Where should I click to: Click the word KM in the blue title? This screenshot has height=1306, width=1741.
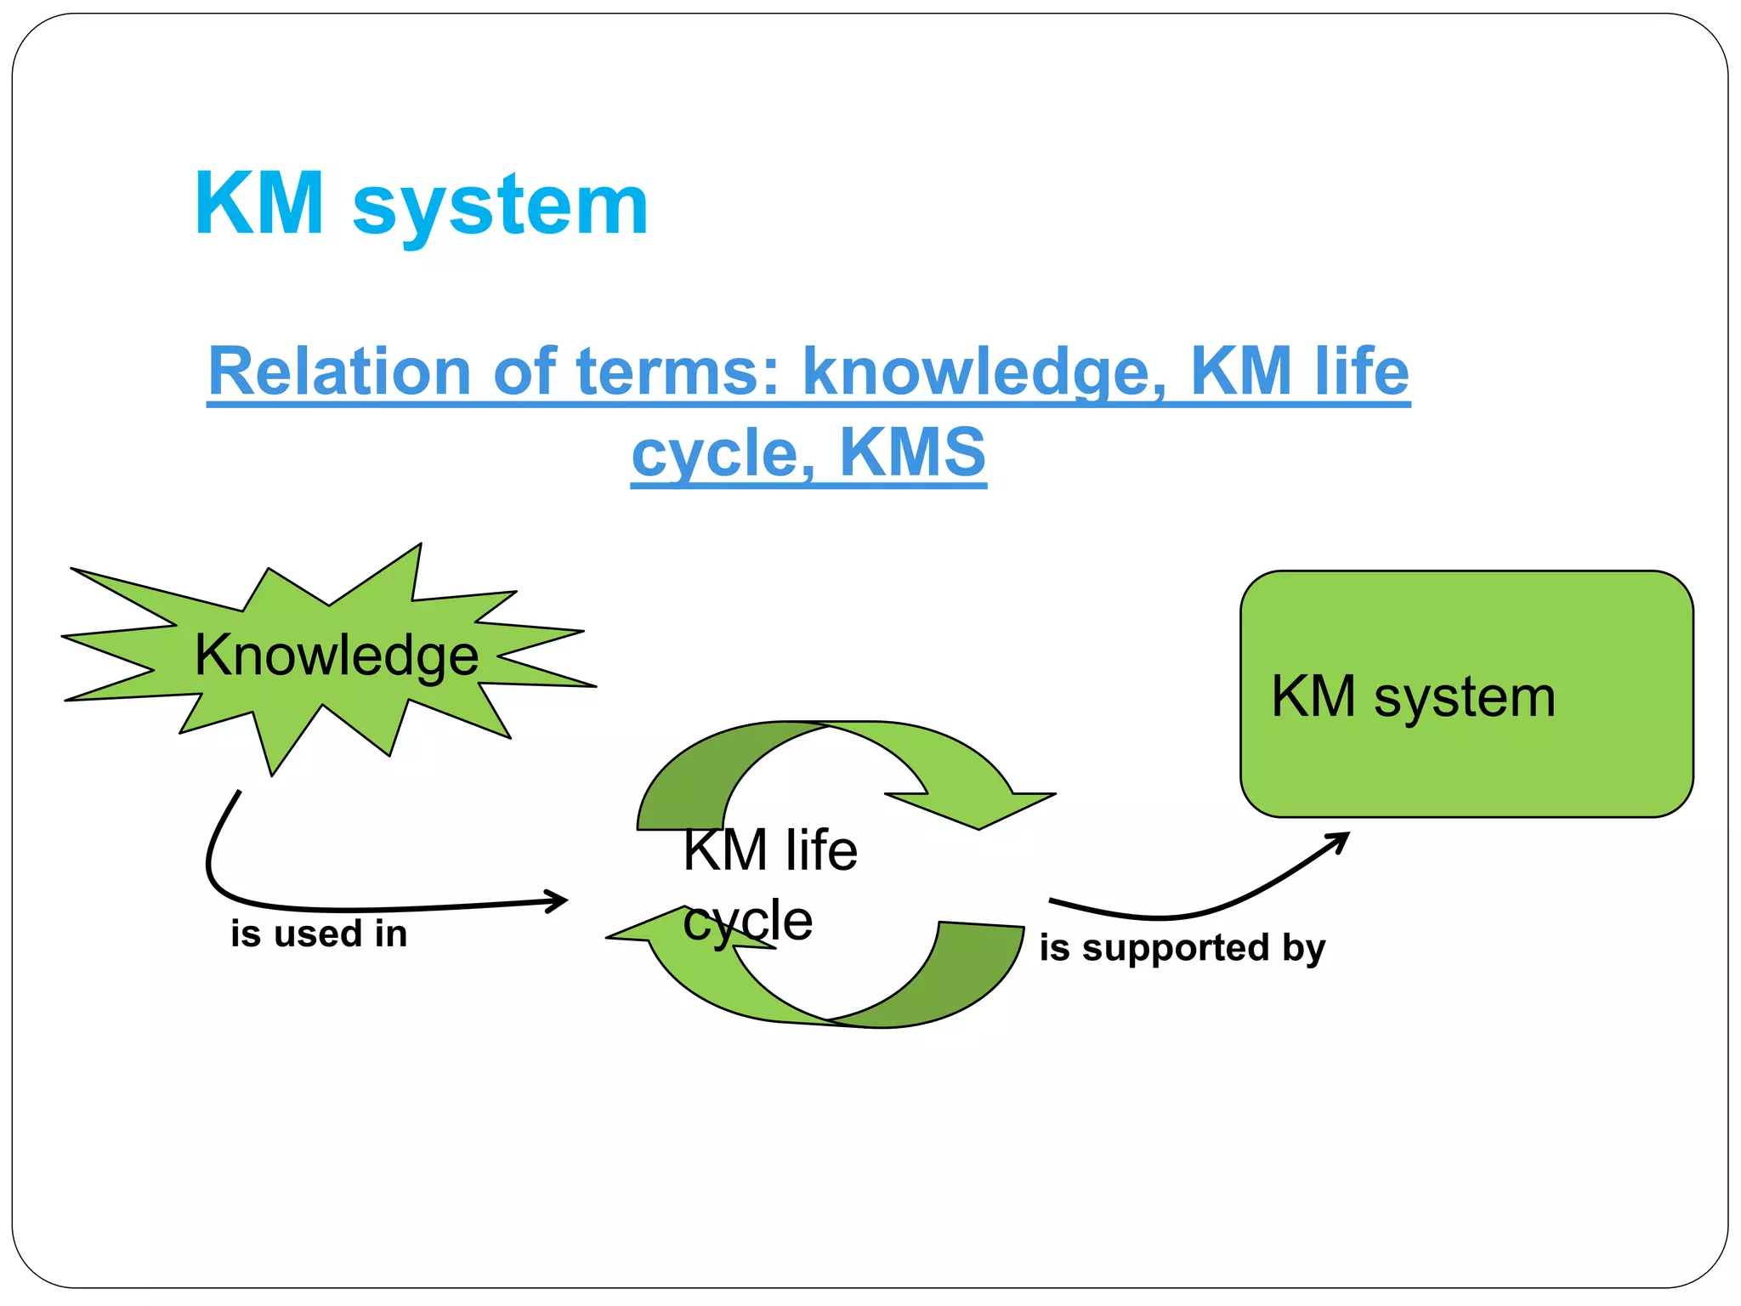259,204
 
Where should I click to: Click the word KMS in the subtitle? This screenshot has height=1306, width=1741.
912,452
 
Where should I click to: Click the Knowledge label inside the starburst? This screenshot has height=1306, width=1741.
337,656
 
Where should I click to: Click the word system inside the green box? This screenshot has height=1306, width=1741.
1464,698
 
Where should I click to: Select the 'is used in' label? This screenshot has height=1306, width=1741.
319,934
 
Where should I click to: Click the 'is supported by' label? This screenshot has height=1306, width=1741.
1182,948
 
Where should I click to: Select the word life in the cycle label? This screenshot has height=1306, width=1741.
821,850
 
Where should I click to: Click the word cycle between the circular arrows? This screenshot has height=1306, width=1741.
748,921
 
